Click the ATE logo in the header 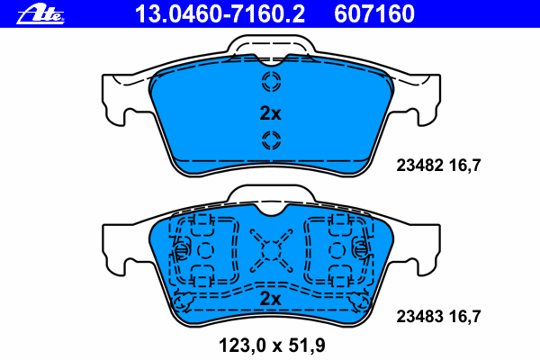pos(40,14)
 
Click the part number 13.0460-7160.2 pos(220,14)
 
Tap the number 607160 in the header pos(374,14)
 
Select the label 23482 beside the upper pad pos(419,166)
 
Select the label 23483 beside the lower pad pos(419,316)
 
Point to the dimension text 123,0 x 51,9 pos(272,346)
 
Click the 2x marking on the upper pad pos(270,113)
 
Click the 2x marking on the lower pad pos(270,299)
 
